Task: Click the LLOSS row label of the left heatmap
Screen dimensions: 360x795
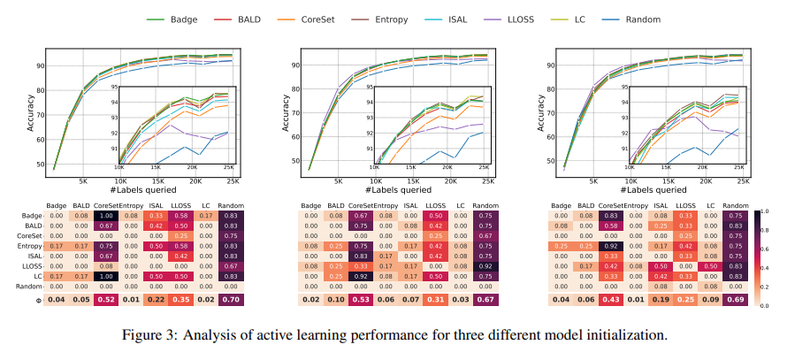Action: point(31,264)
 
